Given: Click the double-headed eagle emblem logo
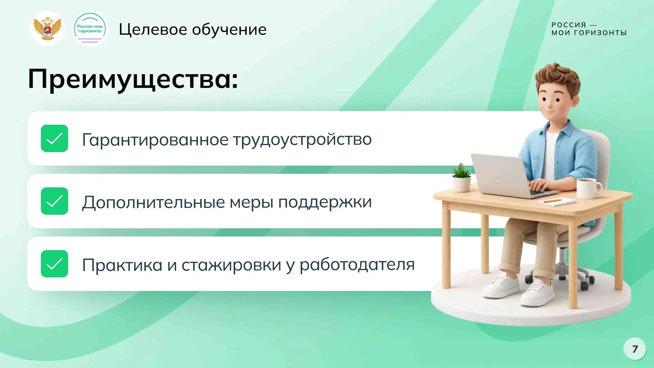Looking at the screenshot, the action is [47, 29].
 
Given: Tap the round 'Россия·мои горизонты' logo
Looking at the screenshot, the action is [90, 29].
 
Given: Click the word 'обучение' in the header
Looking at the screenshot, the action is [229, 29].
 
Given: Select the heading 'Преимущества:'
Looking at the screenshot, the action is [133, 79].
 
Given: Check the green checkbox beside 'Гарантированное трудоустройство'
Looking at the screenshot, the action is [54, 138].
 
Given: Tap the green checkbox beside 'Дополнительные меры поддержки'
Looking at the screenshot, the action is [54, 201].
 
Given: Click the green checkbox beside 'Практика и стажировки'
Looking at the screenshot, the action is [54, 264].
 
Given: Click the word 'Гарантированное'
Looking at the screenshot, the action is [155, 140].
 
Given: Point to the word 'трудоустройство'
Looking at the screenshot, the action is [302, 140].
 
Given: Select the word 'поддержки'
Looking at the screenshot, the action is [325, 202].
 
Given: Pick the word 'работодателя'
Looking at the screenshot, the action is [357, 265].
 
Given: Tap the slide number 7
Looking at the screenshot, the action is [635, 349].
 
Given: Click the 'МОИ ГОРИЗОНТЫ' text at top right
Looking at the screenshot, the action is [589, 33].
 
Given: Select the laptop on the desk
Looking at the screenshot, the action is [508, 175].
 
